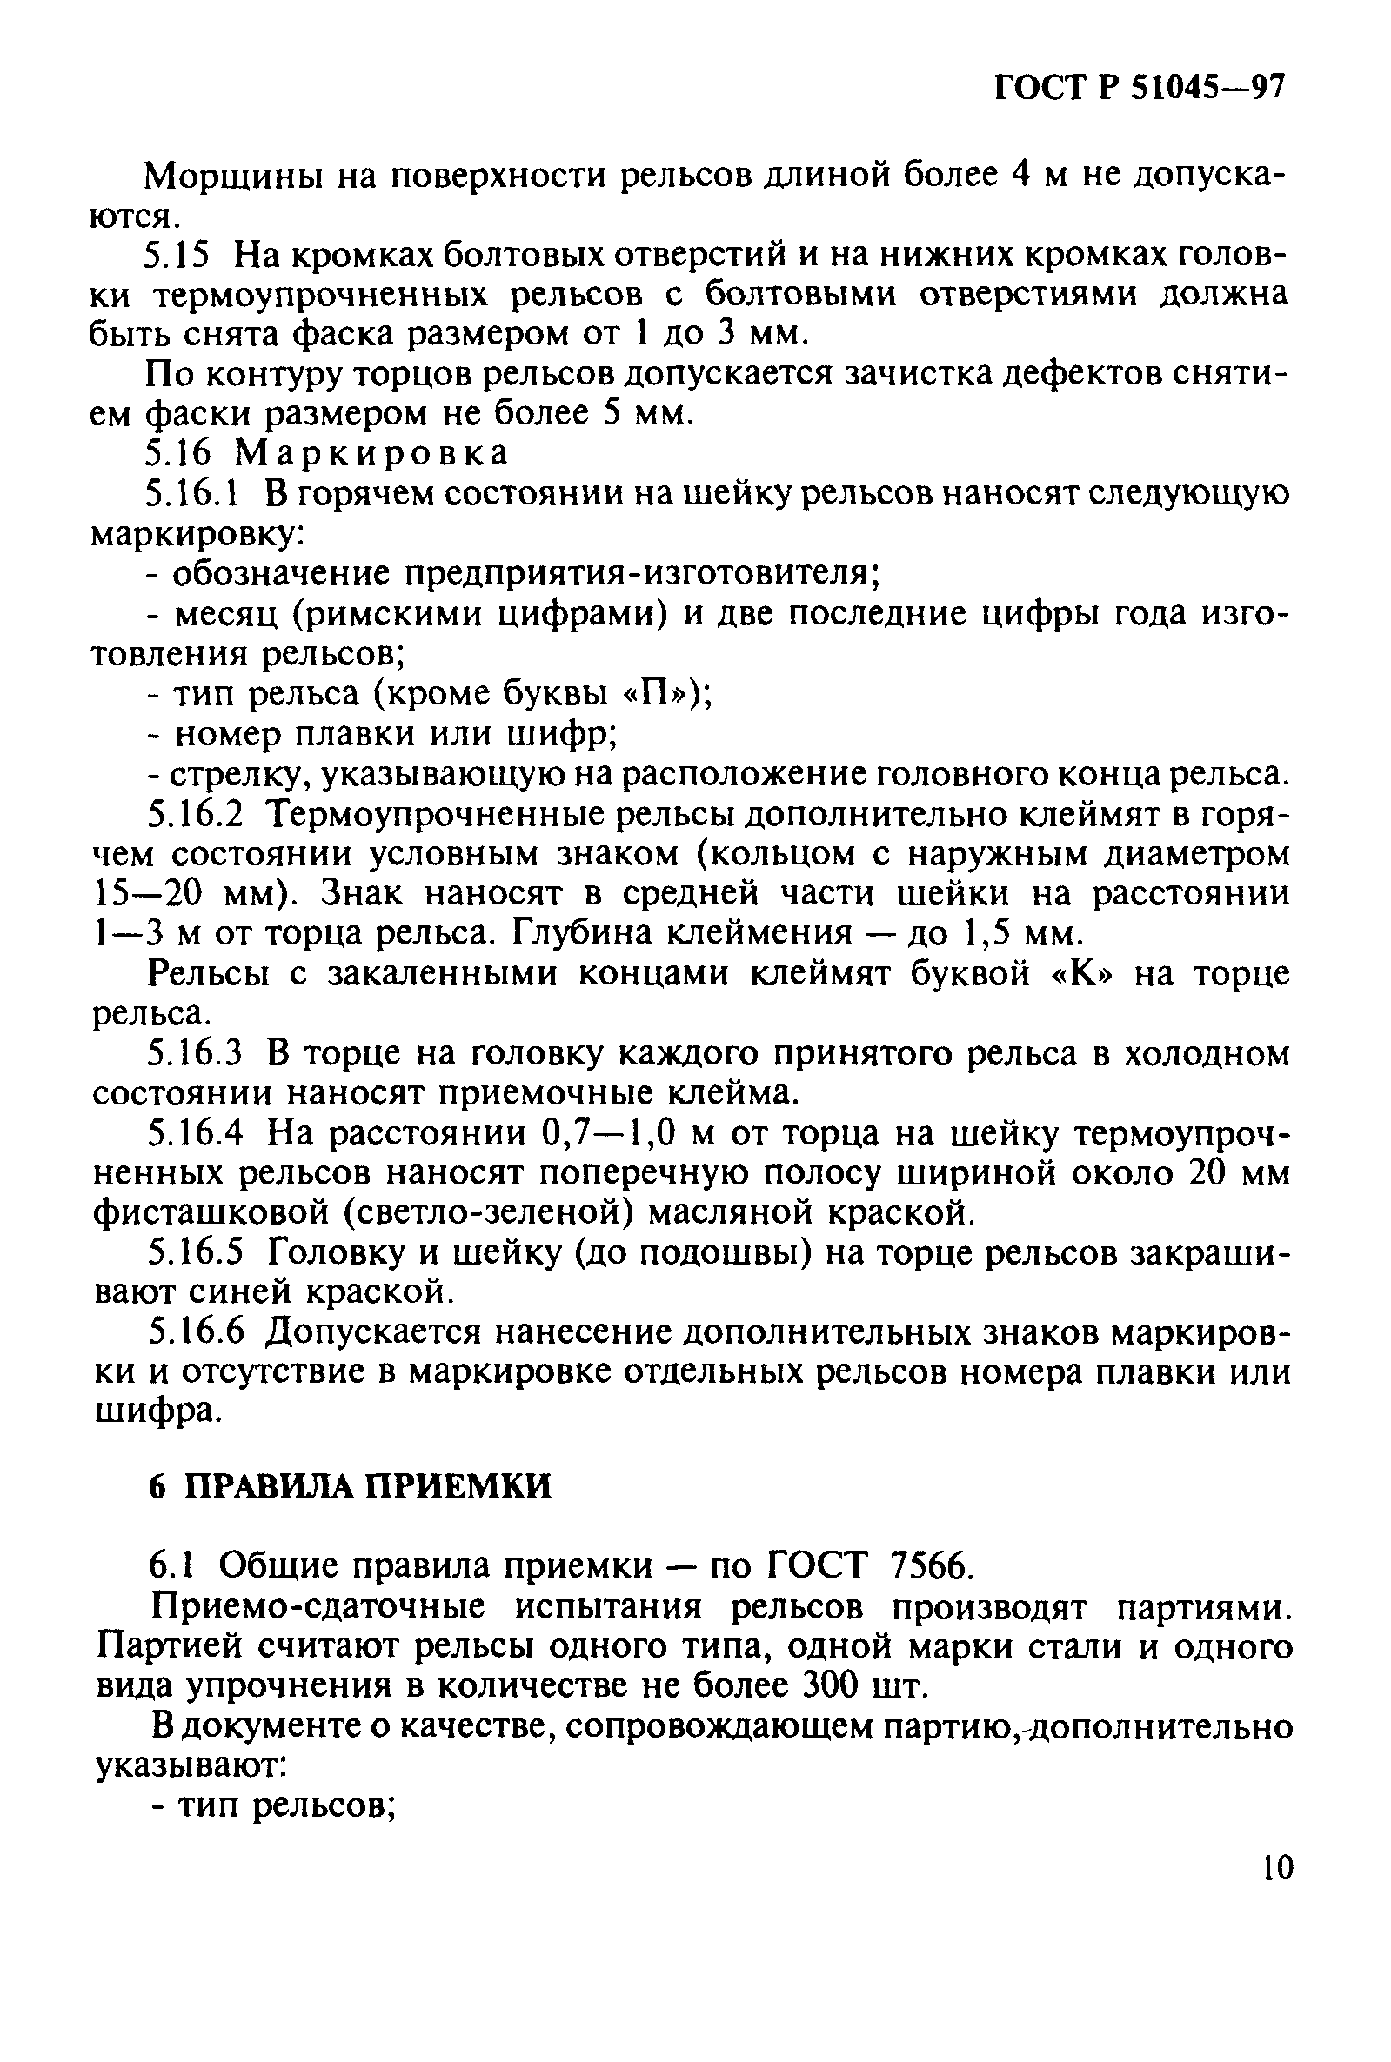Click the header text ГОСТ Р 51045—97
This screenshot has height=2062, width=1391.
click(x=1139, y=90)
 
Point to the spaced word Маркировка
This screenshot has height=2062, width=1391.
click(x=372, y=453)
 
